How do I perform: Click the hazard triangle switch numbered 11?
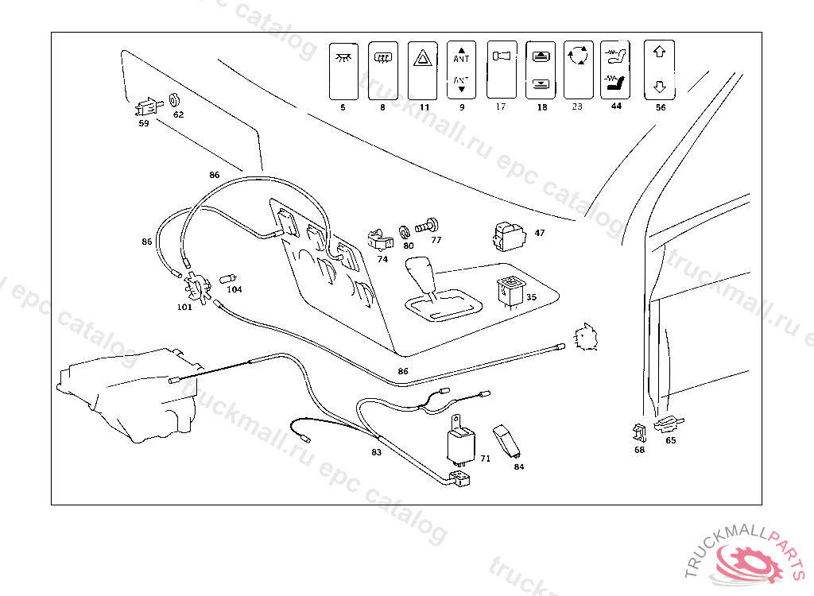(x=421, y=70)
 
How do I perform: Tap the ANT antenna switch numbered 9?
(x=462, y=70)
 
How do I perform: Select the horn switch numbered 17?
(x=501, y=69)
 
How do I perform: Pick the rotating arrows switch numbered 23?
(x=578, y=69)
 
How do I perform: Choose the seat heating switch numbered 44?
(x=615, y=69)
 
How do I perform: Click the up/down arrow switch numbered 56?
(x=659, y=69)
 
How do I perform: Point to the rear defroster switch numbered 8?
(x=382, y=70)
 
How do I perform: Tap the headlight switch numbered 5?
(x=343, y=70)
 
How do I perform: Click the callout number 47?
(x=540, y=234)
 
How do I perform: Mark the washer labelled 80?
(x=403, y=231)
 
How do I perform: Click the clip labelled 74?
(x=379, y=238)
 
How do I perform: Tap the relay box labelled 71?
(x=459, y=446)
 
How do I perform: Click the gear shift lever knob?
(x=420, y=276)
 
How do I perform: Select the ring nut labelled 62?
(x=176, y=101)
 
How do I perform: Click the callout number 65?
(x=671, y=439)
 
